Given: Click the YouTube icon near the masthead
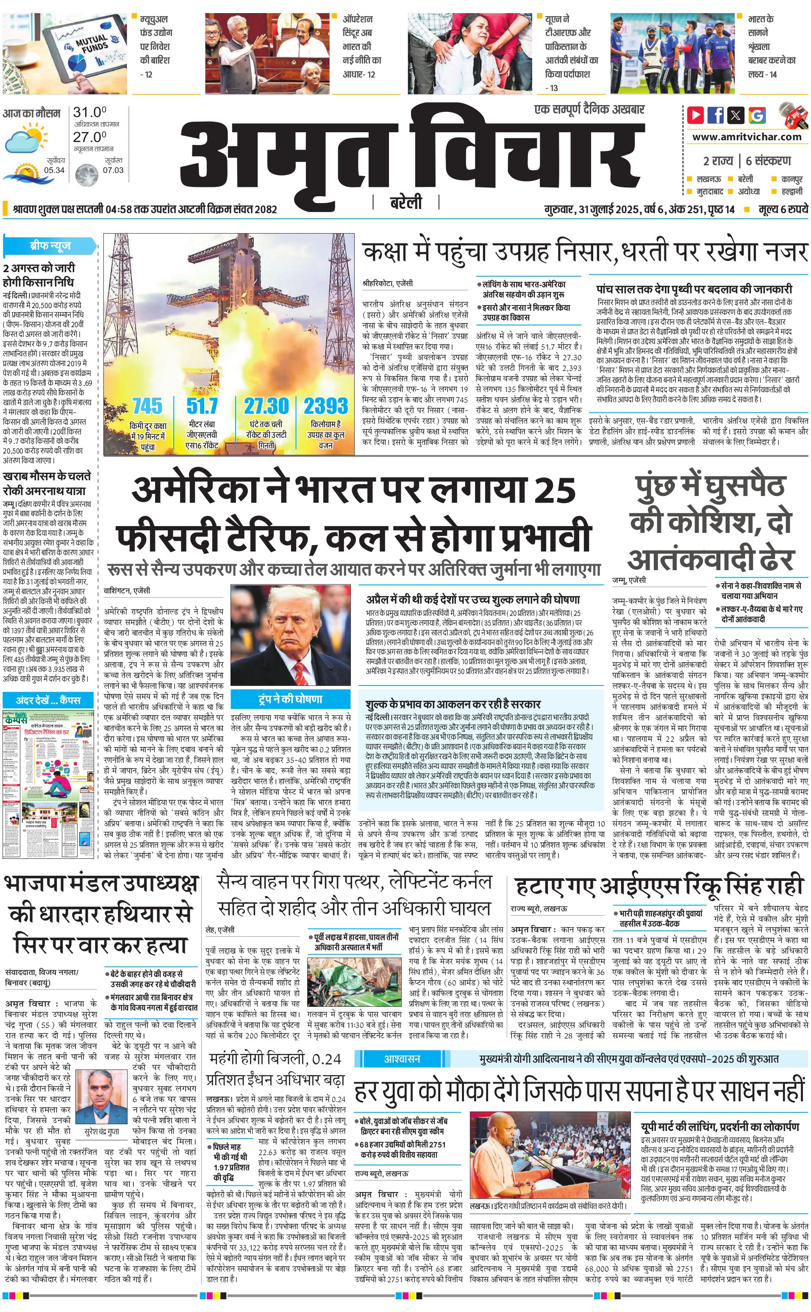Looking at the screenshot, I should coord(695,115).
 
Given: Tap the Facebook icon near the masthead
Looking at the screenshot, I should coord(716,115).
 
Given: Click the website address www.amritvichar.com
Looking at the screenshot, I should coord(747,136).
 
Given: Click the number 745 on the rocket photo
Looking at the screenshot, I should coord(147,406).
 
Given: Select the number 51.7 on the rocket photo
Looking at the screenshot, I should coord(202,406).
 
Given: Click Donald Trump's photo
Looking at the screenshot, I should coord(290,635).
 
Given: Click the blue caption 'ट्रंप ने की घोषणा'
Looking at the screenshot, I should coord(290,699).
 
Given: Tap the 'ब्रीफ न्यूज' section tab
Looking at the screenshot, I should coord(50,246).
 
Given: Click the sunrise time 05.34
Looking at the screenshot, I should coord(54,170).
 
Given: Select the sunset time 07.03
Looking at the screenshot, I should coord(113,170).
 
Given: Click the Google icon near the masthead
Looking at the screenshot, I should coord(757,115).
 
